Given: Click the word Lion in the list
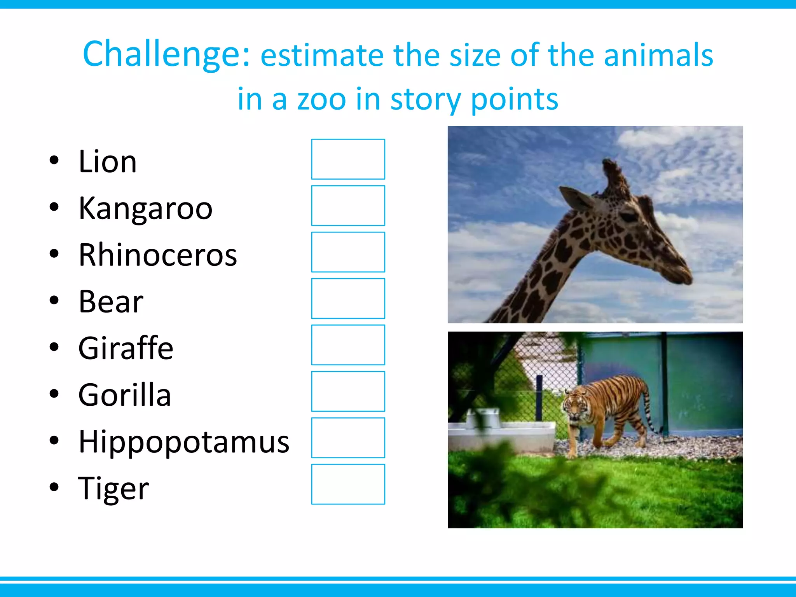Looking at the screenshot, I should click(x=108, y=161).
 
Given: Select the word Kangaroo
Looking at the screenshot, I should click(x=145, y=208).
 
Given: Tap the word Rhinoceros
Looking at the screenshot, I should click(x=157, y=255).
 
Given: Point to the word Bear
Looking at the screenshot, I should click(x=111, y=301).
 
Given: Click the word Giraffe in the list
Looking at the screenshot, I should click(x=126, y=348).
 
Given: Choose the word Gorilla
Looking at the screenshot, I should click(x=124, y=395).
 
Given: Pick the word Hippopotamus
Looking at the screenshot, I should click(x=184, y=442).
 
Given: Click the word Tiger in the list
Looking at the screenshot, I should click(x=113, y=488).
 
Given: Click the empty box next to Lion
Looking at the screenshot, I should click(x=348, y=159).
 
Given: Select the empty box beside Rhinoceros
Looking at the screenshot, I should click(x=348, y=252).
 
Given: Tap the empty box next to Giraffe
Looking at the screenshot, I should click(x=348, y=345).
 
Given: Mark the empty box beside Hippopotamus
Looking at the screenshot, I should click(x=348, y=438).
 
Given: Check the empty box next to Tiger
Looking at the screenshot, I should click(x=348, y=484).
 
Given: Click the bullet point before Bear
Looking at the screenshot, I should click(x=54, y=300).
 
